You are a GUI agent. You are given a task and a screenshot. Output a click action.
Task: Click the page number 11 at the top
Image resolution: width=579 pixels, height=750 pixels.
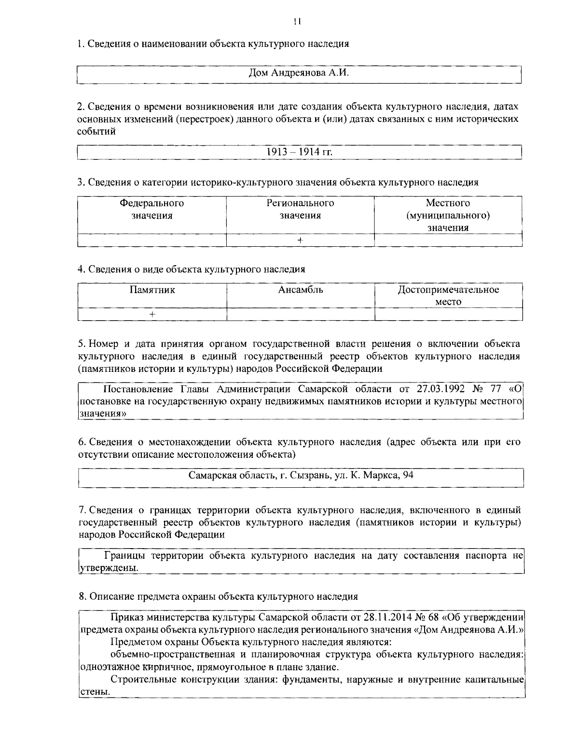tap(297, 21)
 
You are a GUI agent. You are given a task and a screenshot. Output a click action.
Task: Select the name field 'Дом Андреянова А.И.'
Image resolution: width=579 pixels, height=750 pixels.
tap(298, 73)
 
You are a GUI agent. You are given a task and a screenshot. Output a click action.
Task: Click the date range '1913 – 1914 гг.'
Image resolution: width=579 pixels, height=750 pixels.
tap(300, 152)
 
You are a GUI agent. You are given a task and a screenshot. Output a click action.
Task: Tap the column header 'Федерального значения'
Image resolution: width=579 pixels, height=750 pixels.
tap(152, 209)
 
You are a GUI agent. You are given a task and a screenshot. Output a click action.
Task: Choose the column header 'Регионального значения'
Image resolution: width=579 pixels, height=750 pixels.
tap(300, 209)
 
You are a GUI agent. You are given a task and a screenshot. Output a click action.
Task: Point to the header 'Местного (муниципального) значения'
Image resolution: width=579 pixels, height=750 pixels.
tap(448, 215)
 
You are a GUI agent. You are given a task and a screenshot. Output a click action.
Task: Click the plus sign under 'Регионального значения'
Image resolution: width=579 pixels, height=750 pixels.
tap(300, 240)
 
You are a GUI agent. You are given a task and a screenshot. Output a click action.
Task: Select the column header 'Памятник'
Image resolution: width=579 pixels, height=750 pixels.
tap(152, 290)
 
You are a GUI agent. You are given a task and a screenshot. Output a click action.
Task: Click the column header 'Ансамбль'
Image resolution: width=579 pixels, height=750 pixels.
tap(300, 290)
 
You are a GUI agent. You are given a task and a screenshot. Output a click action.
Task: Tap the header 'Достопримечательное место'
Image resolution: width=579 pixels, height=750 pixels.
tap(448, 296)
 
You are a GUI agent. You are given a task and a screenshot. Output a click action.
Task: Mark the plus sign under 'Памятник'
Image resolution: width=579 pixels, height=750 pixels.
tap(152, 314)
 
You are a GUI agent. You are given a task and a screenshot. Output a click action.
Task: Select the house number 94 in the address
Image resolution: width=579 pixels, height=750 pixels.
tap(408, 475)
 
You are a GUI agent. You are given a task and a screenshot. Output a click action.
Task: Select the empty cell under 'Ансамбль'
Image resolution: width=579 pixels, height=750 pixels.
tap(300, 314)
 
